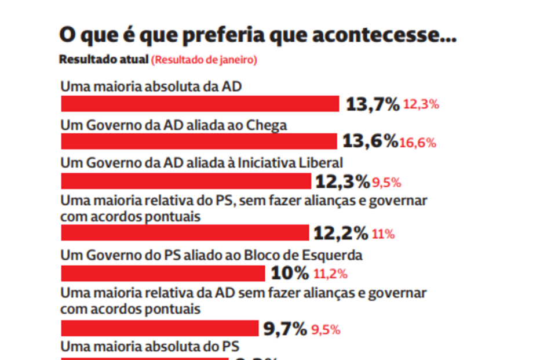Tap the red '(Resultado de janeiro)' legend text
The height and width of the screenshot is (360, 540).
[205, 60]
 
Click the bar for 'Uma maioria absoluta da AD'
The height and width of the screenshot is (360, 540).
[200, 104]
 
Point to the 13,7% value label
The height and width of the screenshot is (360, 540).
[373, 104]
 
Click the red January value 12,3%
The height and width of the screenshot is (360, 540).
[421, 105]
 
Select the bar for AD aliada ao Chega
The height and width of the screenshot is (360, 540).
[199, 141]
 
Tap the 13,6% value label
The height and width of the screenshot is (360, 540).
[370, 141]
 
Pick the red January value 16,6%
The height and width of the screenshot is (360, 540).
[417, 143]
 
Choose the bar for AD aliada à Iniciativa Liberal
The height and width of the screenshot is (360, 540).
[186, 182]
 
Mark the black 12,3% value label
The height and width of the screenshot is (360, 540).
[342, 182]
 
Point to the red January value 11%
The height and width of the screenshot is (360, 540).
[383, 234]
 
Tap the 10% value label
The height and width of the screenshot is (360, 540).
[289, 273]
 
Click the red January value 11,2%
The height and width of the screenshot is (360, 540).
[330, 274]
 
